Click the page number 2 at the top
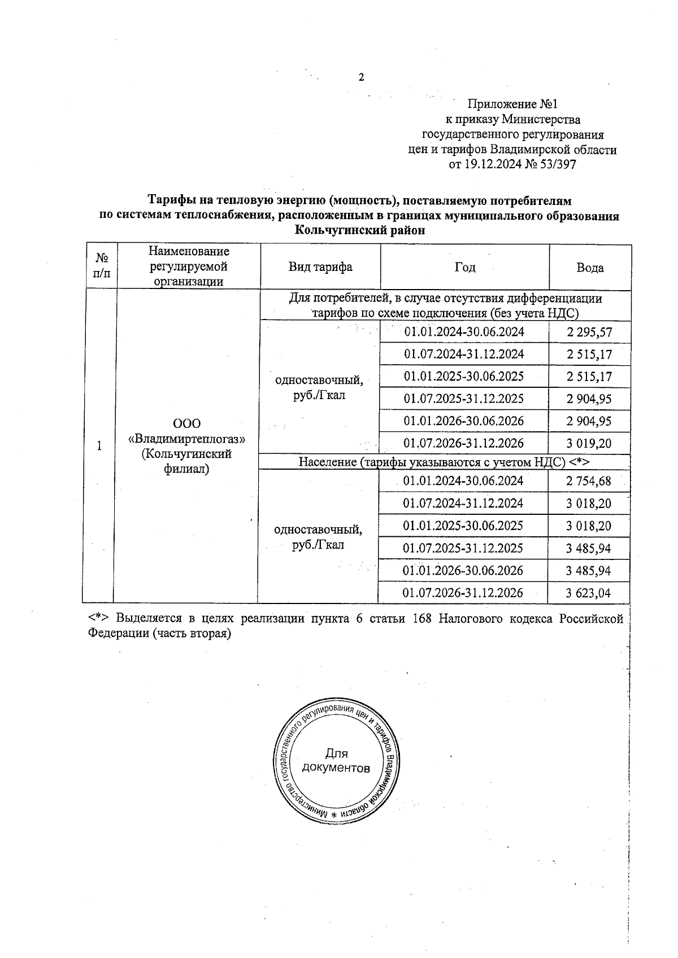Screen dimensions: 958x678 click(362, 78)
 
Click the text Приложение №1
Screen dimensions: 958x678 click(512, 104)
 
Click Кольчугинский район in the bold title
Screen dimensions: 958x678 click(359, 230)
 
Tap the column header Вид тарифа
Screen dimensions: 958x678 click(320, 267)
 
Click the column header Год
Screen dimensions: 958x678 click(464, 267)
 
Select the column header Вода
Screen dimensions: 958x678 click(590, 268)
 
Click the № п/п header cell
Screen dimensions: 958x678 click(102, 266)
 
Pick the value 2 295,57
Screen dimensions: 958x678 click(589, 333)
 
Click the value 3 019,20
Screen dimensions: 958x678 click(589, 444)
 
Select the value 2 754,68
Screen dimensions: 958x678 click(589, 482)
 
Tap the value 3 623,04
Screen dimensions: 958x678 click(589, 593)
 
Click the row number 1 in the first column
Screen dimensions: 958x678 click(99, 446)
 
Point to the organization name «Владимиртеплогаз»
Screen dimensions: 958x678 click(187, 439)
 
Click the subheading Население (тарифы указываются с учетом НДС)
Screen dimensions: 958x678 click(444, 462)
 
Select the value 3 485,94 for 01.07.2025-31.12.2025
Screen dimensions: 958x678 click(589, 548)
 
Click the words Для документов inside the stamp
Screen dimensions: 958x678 click(336, 760)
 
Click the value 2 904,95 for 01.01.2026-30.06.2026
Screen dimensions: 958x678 click(589, 421)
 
